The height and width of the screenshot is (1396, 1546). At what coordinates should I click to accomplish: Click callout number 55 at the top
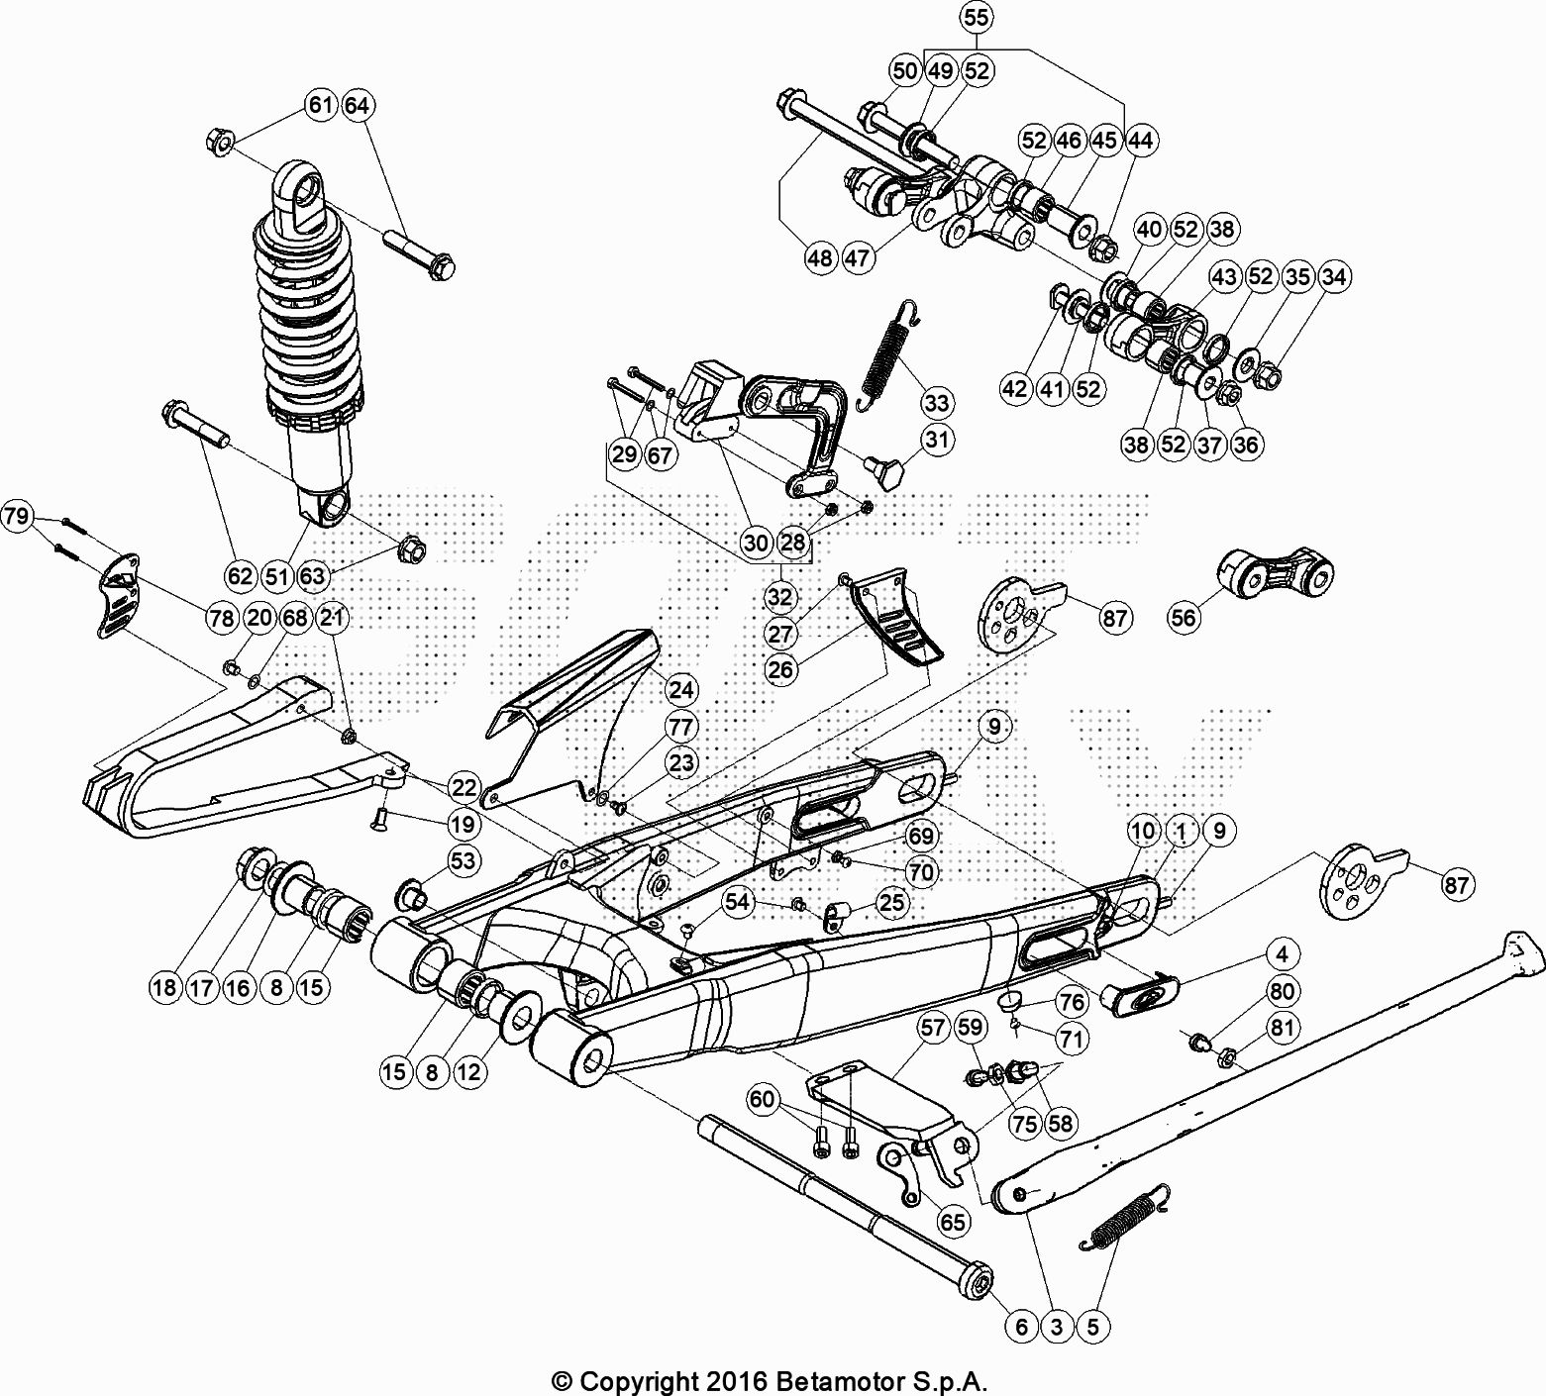(x=976, y=19)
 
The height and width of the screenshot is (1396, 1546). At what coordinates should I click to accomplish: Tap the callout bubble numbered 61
(x=321, y=105)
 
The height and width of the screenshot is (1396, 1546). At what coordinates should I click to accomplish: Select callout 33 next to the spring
(x=936, y=403)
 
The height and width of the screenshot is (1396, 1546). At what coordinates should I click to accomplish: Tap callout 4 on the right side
(x=1282, y=954)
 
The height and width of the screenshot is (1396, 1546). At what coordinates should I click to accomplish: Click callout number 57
(x=932, y=1029)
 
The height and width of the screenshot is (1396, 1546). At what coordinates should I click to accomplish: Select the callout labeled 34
(x=1334, y=277)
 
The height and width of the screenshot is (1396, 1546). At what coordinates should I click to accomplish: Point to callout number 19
(x=463, y=824)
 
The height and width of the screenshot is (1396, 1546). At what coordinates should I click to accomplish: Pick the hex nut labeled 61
(x=220, y=142)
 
